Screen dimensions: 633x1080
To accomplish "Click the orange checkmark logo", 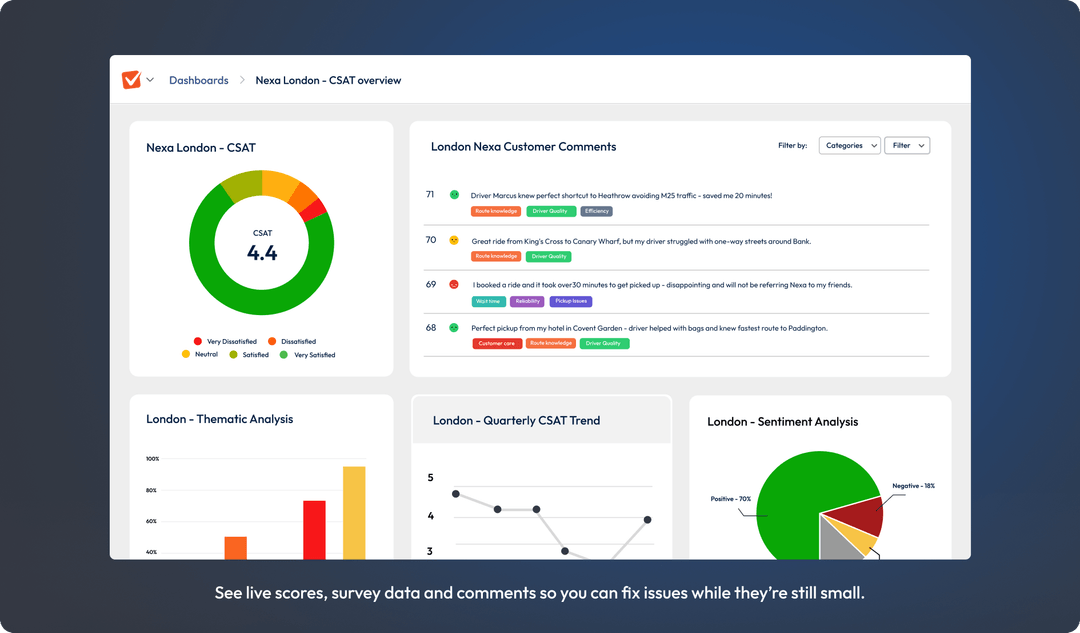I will pyautogui.click(x=131, y=80).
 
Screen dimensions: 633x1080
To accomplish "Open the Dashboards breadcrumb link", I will pyautogui.click(x=198, y=80).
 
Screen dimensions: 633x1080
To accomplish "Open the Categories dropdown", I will pyautogui.click(x=849, y=146).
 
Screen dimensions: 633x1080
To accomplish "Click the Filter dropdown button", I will pyautogui.click(x=909, y=146).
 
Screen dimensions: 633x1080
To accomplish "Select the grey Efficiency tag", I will pyautogui.click(x=597, y=211).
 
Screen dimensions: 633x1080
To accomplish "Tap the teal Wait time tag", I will pyautogui.click(x=488, y=301).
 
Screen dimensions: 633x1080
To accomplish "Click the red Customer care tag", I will pyautogui.click(x=497, y=344).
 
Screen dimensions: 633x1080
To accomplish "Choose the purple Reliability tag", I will pyautogui.click(x=527, y=301).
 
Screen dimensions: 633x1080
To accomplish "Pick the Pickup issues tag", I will pyautogui.click(x=570, y=301).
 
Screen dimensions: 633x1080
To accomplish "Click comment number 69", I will pyautogui.click(x=431, y=284).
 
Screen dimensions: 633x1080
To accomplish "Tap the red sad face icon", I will pyautogui.click(x=454, y=285).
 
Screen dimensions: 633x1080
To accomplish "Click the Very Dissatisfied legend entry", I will pyautogui.click(x=225, y=342).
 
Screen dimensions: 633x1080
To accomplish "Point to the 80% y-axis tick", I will pyautogui.click(x=152, y=490).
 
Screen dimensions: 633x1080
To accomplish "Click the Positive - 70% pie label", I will pyautogui.click(x=729, y=497).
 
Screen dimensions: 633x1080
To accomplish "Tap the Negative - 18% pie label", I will pyautogui.click(x=913, y=486).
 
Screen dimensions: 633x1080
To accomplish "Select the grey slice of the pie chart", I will pyautogui.click(x=834, y=540).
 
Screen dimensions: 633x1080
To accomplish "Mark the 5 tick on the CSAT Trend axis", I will pyautogui.click(x=431, y=478).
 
